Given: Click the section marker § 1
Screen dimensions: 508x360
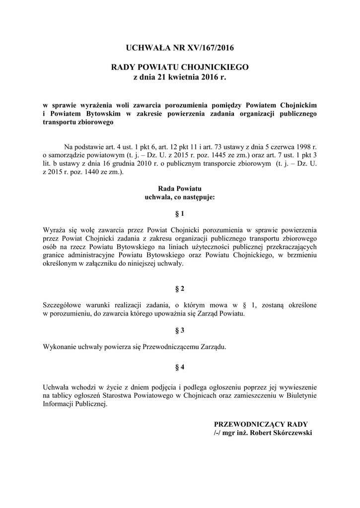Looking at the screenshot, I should click(179, 214).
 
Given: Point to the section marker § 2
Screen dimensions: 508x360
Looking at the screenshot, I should click(179, 289).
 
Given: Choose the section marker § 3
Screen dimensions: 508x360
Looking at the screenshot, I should click(179, 330).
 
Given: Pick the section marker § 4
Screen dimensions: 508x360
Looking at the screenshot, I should click(179, 368).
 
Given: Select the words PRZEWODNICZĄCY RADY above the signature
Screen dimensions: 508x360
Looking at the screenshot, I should click(261, 424).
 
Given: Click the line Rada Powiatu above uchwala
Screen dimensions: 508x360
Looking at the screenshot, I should click(179, 189).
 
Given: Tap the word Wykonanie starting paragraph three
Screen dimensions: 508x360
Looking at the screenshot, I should click(59, 347).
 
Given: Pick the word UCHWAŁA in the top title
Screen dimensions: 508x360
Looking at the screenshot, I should click(147, 48).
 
